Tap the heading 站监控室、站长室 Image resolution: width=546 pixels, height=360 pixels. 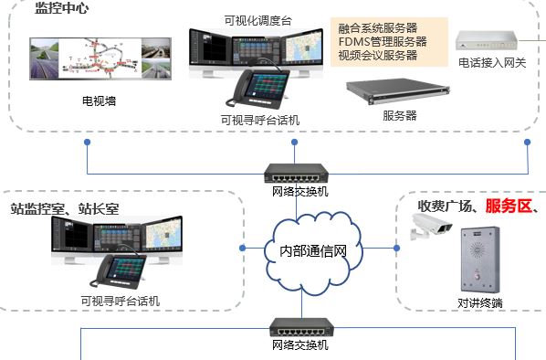[65, 208]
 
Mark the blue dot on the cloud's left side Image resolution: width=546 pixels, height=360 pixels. [242, 248]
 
